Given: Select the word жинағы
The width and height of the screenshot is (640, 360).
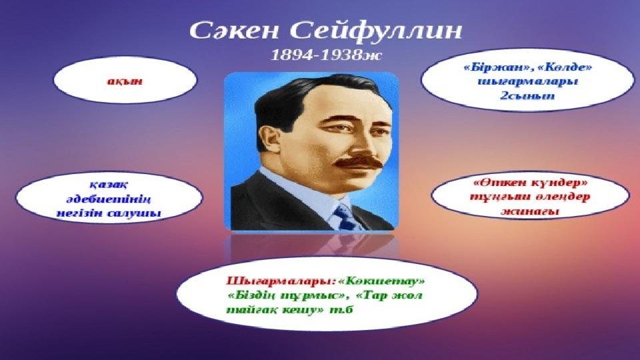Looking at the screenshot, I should coord(530,211).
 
